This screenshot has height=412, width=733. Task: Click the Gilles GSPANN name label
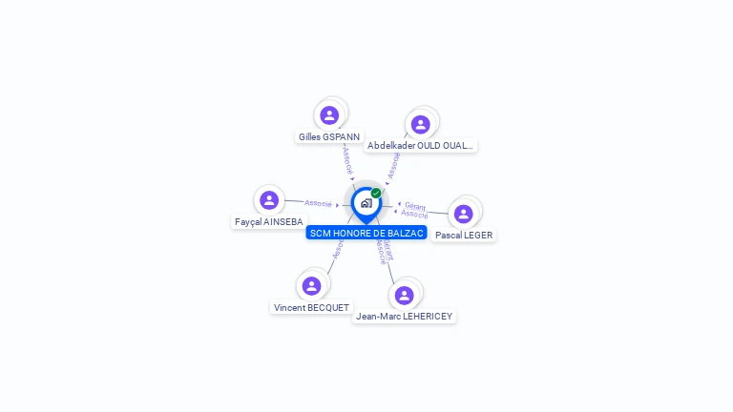tap(329, 136)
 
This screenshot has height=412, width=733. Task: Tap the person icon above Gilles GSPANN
tap(329, 115)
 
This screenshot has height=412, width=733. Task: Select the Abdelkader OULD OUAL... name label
tap(420, 146)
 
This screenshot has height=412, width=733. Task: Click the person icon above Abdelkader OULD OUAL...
tap(420, 125)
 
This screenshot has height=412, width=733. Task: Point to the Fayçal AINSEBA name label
tap(268, 222)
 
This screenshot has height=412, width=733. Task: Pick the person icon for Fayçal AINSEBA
tap(269, 200)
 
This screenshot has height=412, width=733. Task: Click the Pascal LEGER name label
tap(464, 235)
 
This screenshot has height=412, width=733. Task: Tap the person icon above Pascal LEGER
tap(464, 214)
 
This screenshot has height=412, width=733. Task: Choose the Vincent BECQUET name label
tap(311, 308)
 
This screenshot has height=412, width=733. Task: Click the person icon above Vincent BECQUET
tap(311, 285)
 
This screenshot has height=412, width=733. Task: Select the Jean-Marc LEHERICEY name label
tap(404, 316)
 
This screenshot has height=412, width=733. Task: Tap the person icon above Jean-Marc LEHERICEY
tap(405, 295)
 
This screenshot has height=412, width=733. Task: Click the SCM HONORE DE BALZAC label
tap(366, 233)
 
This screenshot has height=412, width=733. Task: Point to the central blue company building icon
tap(366, 203)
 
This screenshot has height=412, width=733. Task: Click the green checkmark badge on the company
tap(376, 193)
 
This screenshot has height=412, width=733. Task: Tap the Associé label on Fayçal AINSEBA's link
tap(318, 203)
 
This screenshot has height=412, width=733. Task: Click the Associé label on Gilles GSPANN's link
tap(347, 159)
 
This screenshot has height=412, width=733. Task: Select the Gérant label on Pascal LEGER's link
tap(415, 206)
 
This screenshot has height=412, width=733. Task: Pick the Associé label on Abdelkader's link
tap(393, 165)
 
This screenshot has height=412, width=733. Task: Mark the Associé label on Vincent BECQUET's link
tap(338, 250)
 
